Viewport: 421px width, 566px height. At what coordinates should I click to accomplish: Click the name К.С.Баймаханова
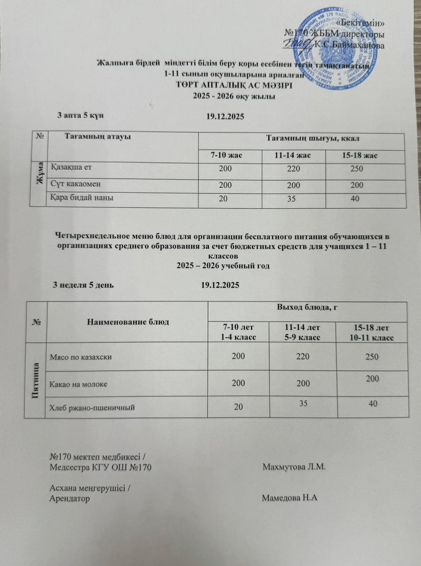349,44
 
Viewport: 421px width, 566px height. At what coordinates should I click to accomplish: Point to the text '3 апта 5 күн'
80,115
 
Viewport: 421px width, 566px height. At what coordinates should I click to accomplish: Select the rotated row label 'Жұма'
38,170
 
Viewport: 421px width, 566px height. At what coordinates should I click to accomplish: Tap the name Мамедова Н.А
290,498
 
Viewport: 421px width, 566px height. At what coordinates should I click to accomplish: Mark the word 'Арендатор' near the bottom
69,498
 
